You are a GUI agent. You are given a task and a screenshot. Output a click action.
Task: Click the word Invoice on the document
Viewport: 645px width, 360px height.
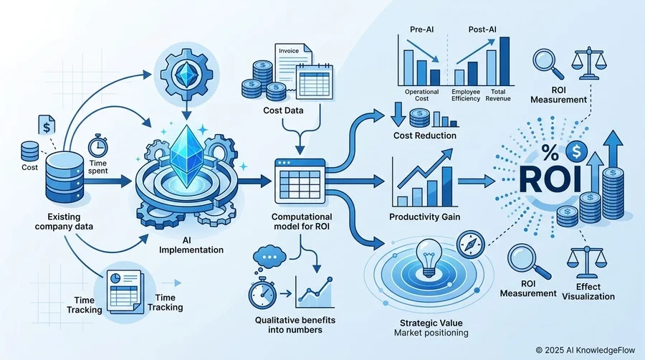click(289, 51)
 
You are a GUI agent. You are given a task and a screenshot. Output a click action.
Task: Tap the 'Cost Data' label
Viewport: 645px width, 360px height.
click(283, 110)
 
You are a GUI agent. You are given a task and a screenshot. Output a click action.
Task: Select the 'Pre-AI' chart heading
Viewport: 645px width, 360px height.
click(421, 29)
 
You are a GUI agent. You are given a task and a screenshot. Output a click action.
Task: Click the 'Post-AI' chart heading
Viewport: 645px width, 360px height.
click(482, 29)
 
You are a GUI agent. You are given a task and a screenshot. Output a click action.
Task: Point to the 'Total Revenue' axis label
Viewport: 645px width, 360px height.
click(498, 95)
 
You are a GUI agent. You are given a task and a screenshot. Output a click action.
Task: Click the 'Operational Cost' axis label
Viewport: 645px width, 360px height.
click(421, 95)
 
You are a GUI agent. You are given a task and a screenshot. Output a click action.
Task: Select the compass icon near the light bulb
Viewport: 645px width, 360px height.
click(471, 245)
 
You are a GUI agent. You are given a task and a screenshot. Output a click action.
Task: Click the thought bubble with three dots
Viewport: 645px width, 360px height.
click(269, 257)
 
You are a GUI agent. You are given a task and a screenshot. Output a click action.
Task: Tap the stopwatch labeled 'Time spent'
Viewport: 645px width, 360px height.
click(98, 146)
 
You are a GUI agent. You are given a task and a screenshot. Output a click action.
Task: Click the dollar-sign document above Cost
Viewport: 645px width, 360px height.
click(47, 125)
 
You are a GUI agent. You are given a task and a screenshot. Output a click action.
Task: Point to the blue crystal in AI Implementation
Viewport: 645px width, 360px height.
click(186, 156)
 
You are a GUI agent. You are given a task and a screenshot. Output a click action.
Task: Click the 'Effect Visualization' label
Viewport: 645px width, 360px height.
click(588, 291)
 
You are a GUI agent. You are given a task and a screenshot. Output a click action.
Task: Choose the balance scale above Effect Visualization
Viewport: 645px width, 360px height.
click(586, 262)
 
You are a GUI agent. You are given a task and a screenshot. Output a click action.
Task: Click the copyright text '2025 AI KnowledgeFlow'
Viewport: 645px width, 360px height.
click(590, 350)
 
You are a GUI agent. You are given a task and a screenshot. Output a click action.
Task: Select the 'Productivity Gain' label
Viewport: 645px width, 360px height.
click(424, 217)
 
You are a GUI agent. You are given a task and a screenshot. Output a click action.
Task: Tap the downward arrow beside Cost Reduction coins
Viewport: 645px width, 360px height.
click(398, 114)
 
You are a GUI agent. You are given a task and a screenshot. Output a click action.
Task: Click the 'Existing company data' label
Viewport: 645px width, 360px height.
click(64, 222)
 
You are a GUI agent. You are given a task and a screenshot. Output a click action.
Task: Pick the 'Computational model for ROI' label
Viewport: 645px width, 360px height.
click(301, 222)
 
